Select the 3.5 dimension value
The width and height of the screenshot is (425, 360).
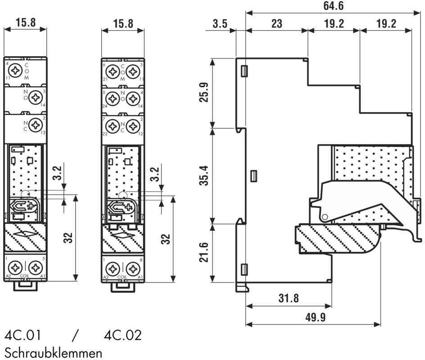coord(220,23)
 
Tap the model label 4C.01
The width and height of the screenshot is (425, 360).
coord(23,335)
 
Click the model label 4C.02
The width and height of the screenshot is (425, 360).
coord(122,335)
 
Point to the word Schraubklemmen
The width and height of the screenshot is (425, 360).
coord(53,352)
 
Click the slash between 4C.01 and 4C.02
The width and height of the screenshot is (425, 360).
coord(75,335)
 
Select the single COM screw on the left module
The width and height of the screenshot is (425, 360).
coord(16,71)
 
